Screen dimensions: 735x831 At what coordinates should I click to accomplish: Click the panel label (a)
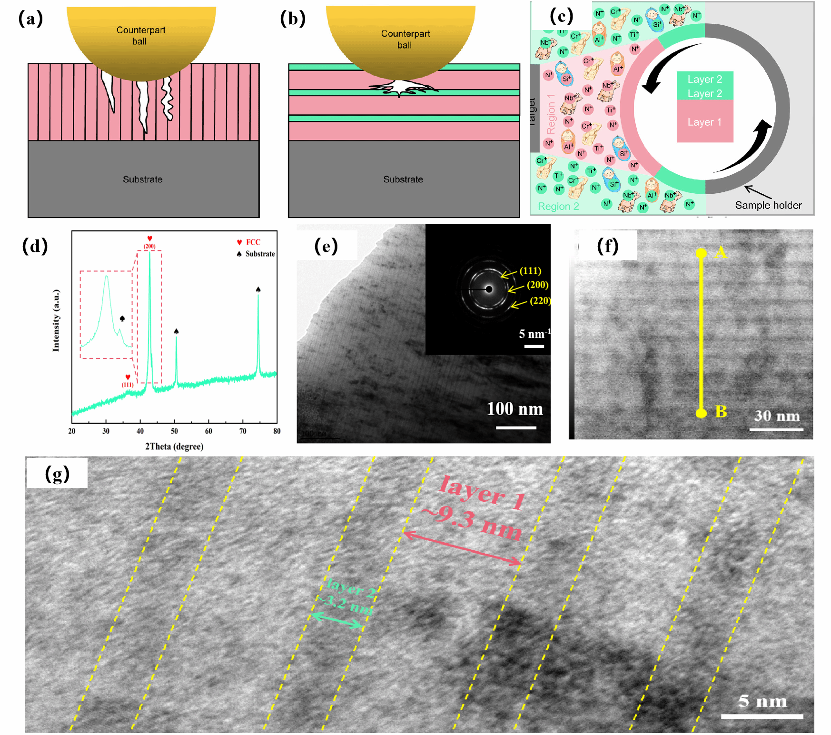[30, 19]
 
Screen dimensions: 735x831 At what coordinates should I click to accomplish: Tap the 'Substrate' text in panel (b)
[403, 179]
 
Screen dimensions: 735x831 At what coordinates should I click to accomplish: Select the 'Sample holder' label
[768, 205]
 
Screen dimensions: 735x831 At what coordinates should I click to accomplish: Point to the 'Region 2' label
[558, 206]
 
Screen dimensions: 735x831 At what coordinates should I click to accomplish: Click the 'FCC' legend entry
[253, 242]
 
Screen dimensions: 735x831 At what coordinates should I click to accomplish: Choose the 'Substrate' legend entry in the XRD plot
[260, 254]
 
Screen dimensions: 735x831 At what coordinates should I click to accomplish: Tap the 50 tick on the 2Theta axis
[174, 431]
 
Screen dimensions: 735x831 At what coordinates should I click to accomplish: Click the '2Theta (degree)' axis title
[174, 447]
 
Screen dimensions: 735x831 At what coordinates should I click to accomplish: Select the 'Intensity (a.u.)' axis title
[56, 320]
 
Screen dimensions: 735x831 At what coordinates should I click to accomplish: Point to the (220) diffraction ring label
[540, 301]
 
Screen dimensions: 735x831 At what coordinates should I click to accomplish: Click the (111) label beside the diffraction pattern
[530, 271]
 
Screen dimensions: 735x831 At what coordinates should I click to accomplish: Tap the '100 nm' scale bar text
[514, 409]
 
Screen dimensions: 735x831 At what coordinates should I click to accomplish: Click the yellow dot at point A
[701, 253]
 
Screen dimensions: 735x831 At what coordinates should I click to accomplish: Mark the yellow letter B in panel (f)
[721, 412]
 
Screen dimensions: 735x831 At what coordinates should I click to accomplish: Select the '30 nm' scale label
[777, 416]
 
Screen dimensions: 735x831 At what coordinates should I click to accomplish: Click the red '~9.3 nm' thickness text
[471, 523]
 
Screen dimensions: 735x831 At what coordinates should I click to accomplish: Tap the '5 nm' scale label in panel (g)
[762, 701]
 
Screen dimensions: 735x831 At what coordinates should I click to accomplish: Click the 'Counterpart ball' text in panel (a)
[140, 36]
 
